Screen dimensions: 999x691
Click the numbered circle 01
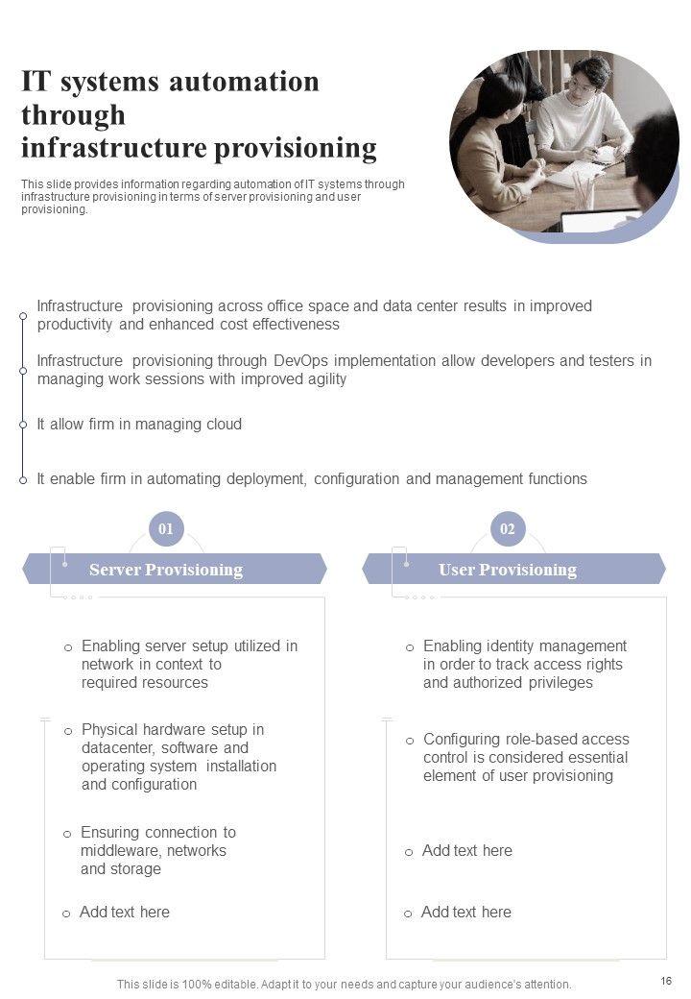(x=166, y=528)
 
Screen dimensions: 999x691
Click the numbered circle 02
(x=508, y=528)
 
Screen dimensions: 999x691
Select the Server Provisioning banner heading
(x=166, y=570)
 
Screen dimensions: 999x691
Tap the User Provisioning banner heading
(x=508, y=570)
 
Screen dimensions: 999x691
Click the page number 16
(x=666, y=981)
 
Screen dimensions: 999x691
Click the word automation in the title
(x=245, y=82)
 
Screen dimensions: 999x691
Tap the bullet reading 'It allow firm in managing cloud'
(x=139, y=425)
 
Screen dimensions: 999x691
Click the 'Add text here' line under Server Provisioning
(x=125, y=913)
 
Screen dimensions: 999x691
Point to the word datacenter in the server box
(x=117, y=748)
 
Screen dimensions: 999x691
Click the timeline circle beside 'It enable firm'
(x=23, y=479)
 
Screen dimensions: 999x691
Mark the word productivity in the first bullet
(x=76, y=325)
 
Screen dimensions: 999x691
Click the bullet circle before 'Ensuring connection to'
(x=67, y=834)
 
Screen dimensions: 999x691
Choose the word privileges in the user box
(x=561, y=683)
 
